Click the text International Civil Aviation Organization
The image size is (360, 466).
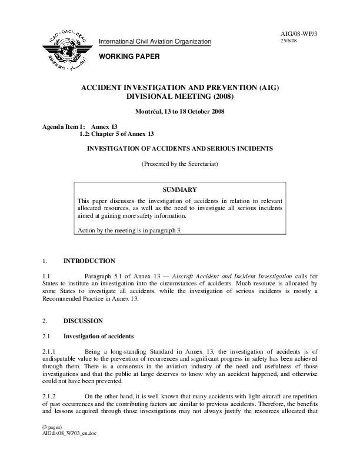(154, 41)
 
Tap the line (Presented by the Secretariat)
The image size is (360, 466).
(181, 164)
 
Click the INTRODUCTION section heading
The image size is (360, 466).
(89, 261)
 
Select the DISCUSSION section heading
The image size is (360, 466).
(83, 321)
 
